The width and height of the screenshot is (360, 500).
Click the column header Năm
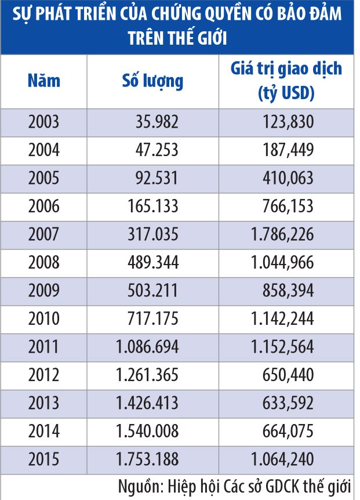click(43, 80)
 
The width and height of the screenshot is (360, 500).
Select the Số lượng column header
click(152, 80)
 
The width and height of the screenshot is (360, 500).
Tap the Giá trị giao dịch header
click(286, 80)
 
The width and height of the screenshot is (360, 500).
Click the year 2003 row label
click(43, 122)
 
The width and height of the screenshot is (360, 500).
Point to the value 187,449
click(289, 150)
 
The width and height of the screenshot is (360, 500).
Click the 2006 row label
click(43, 206)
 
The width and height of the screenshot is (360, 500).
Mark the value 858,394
click(289, 291)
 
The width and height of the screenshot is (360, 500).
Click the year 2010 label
click(43, 318)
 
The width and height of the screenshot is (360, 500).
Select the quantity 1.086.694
click(147, 347)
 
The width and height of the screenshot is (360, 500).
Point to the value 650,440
click(289, 375)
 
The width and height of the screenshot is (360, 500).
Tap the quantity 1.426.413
click(147, 403)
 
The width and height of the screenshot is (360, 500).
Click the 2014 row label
click(43, 431)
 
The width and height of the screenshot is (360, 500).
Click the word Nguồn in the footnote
click(137, 486)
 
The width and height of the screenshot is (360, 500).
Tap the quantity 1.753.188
click(147, 459)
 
